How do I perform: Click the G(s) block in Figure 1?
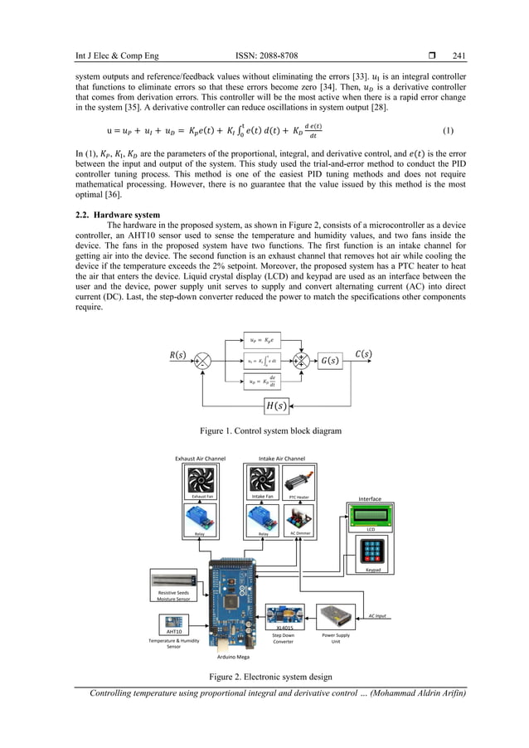[332, 360]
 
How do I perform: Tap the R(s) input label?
[177, 355]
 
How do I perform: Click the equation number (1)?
[448, 130]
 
